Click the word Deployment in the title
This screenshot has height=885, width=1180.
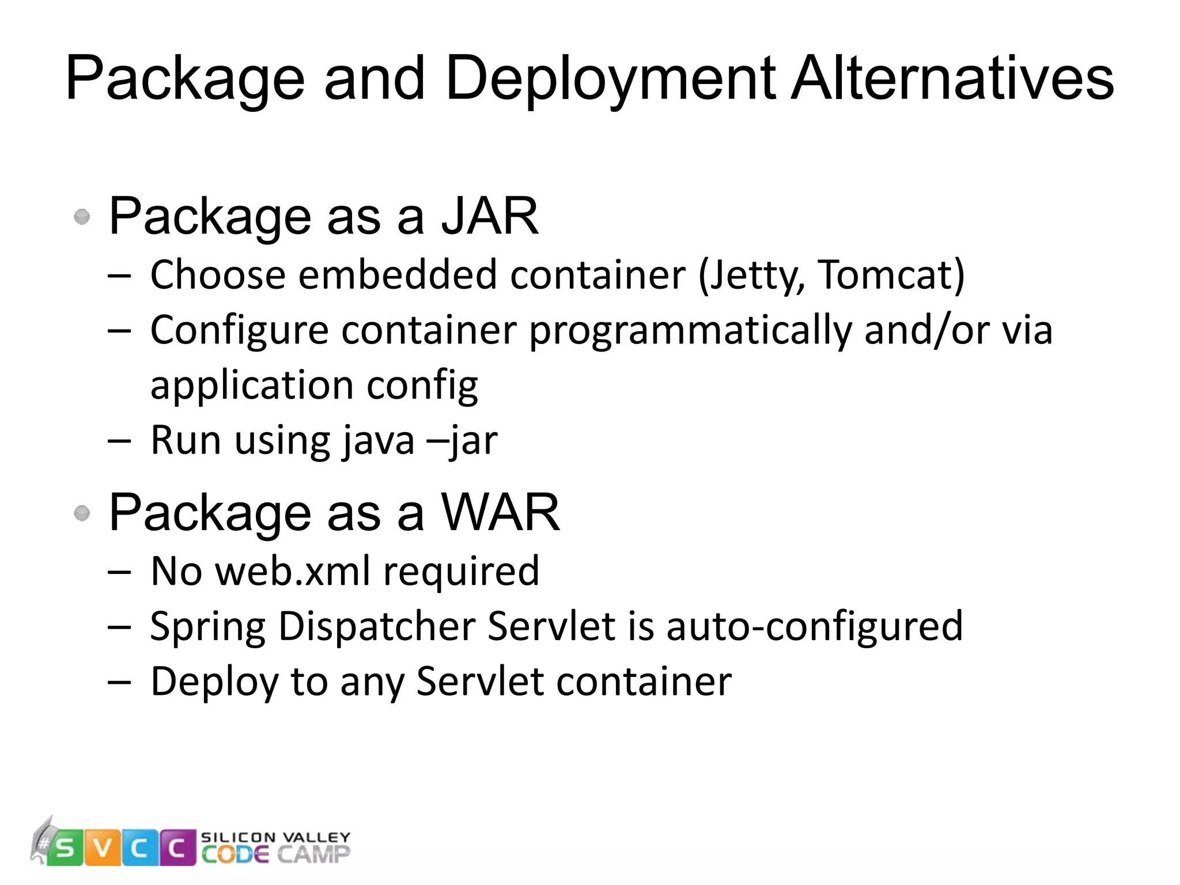tap(611, 80)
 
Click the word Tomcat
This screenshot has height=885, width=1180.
tap(890, 275)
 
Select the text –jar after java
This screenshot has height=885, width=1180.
tap(462, 441)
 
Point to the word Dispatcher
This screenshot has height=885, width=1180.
tap(377, 626)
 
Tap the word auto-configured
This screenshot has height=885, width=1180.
tap(814, 626)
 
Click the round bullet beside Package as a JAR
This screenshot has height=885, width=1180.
tap(82, 217)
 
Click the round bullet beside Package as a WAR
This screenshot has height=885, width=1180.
tap(82, 513)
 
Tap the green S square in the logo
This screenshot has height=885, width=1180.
tap(65, 848)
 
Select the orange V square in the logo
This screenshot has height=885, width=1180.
tap(103, 848)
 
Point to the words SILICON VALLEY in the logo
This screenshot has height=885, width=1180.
tap(275, 837)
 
